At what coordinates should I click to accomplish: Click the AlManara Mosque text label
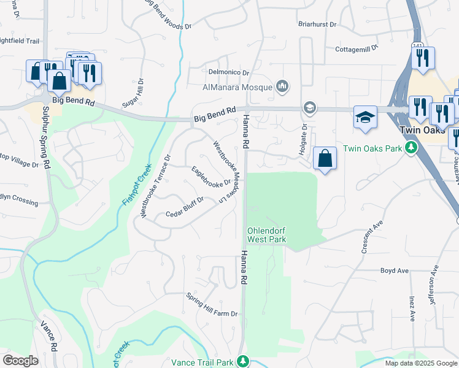[238, 86]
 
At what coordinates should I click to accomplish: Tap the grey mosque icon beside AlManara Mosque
[282, 86]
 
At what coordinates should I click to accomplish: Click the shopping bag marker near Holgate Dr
[325, 159]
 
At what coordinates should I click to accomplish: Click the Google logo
[20, 361]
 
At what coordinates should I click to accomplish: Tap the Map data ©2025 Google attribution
[421, 363]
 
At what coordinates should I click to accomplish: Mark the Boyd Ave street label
[394, 270]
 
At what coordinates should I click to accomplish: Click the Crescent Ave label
[372, 236]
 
